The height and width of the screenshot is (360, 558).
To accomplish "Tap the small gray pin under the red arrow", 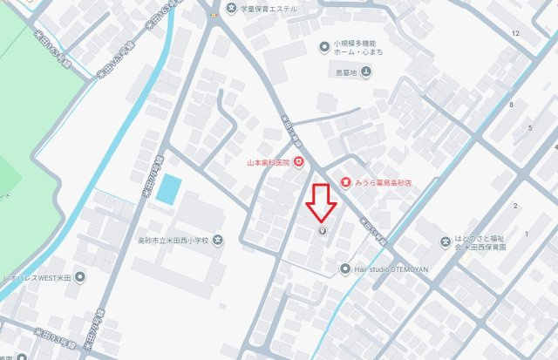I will pos(322,232).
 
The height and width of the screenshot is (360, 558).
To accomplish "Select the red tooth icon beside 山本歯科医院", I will pos(298,160).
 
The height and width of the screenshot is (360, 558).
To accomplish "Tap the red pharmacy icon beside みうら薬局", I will pos(346,182).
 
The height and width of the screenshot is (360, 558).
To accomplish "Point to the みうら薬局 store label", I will pos(385,183).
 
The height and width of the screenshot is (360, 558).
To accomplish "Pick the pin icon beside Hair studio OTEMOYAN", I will pos(345,268).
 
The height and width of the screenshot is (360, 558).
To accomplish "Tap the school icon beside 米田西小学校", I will pos(218,241).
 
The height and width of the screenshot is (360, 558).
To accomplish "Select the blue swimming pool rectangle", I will pos(168,189).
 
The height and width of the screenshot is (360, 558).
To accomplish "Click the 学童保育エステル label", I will pos(269,9).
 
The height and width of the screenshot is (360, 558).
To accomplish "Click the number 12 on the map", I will pos(516,33).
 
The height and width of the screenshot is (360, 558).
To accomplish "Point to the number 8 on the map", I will pos(511,105).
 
